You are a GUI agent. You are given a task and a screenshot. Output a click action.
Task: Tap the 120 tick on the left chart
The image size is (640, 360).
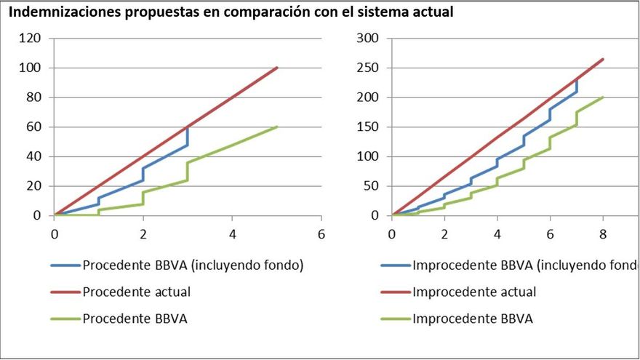pyautogui.click(x=30, y=38)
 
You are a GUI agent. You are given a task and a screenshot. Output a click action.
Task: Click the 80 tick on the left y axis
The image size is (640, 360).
pyautogui.click(x=33, y=97)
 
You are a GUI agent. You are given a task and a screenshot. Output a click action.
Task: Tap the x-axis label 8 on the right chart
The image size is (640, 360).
pyautogui.click(x=603, y=233)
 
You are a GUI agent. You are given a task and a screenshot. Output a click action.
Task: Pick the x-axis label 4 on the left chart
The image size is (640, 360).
pyautogui.click(x=232, y=233)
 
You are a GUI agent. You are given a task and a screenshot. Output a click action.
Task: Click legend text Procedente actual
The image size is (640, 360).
pyautogui.click(x=137, y=292)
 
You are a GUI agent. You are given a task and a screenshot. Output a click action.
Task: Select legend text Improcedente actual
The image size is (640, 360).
pyautogui.click(x=474, y=292)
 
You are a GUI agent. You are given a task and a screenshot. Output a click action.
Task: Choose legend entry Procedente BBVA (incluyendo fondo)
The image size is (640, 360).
pyautogui.click(x=193, y=265)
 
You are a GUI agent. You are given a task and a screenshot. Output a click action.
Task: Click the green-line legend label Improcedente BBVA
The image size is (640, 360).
pyautogui.click(x=472, y=319)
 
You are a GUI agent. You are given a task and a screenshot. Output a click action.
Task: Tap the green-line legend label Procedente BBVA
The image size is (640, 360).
pyautogui.click(x=135, y=319)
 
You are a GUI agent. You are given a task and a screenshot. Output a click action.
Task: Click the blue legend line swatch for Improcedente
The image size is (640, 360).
pyautogui.click(x=394, y=265)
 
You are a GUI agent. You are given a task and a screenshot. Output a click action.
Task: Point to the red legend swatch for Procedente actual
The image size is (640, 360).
pyautogui.click(x=65, y=292)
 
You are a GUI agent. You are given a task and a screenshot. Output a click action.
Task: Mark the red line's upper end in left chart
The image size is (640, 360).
pyautogui.click(x=277, y=68)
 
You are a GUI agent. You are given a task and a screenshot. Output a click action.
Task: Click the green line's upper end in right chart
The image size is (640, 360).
pyautogui.click(x=603, y=97)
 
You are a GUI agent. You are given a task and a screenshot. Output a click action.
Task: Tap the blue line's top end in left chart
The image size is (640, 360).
pyautogui.click(x=188, y=127)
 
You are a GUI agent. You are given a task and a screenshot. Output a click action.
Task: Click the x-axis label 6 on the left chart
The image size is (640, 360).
pyautogui.click(x=321, y=233)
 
